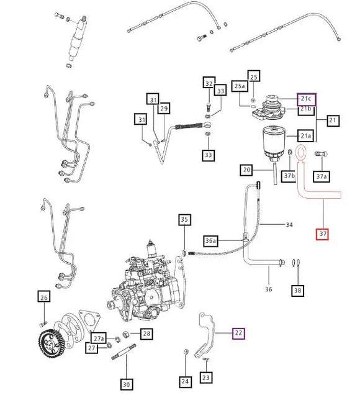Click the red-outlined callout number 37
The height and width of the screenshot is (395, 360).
coord(322,234)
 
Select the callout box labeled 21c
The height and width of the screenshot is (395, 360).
coord(306,98)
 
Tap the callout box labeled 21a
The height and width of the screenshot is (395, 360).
coord(306,135)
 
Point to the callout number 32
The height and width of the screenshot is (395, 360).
coord(209,84)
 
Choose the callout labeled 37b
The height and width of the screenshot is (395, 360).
coord(289,176)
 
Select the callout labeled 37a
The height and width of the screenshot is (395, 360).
coord(321,176)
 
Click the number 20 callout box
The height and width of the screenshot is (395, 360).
coord(247,170)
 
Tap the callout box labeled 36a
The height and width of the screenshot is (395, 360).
coord(211,240)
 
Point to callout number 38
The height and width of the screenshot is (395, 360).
coord(299,290)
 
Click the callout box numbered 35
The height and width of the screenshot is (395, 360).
coord(184,219)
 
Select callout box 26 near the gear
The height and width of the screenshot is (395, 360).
coord(43,297)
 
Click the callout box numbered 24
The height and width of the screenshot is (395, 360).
coord(185,381)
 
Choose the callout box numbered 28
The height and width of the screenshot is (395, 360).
coord(146,334)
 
